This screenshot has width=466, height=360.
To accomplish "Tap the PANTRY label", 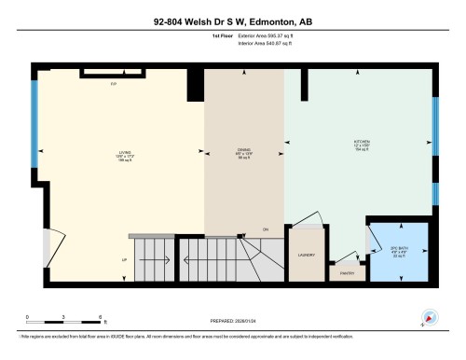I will click(x=347, y=273).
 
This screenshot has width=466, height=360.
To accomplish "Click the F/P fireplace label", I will click(x=113, y=83).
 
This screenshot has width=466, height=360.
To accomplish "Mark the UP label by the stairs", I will click(x=123, y=259).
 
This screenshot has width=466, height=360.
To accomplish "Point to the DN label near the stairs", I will click(x=266, y=228).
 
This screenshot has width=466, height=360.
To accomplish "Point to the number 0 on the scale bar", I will click(x=28, y=317).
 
